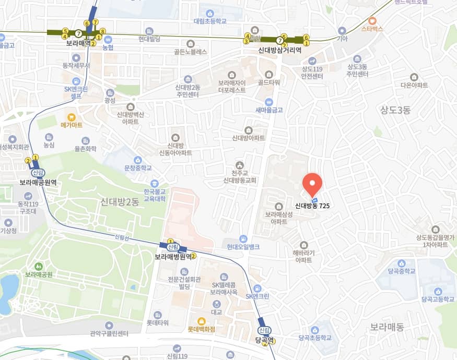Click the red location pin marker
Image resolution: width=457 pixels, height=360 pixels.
point(312,183)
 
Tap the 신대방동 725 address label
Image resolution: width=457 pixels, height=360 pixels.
point(312,206)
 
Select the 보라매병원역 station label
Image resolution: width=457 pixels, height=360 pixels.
point(175,257)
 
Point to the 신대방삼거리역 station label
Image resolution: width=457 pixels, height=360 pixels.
point(280,51)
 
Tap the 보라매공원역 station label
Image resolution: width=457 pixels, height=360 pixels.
point(38,183)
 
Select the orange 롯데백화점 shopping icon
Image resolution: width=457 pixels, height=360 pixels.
point(201,321)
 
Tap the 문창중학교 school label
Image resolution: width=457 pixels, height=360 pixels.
point(138,168)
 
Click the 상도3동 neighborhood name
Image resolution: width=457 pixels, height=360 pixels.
point(395,109)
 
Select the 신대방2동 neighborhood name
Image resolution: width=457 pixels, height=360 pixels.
point(120,201)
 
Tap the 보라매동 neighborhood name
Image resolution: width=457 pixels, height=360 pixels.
point(387,327)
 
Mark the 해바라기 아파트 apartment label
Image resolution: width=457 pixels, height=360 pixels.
point(303,256)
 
